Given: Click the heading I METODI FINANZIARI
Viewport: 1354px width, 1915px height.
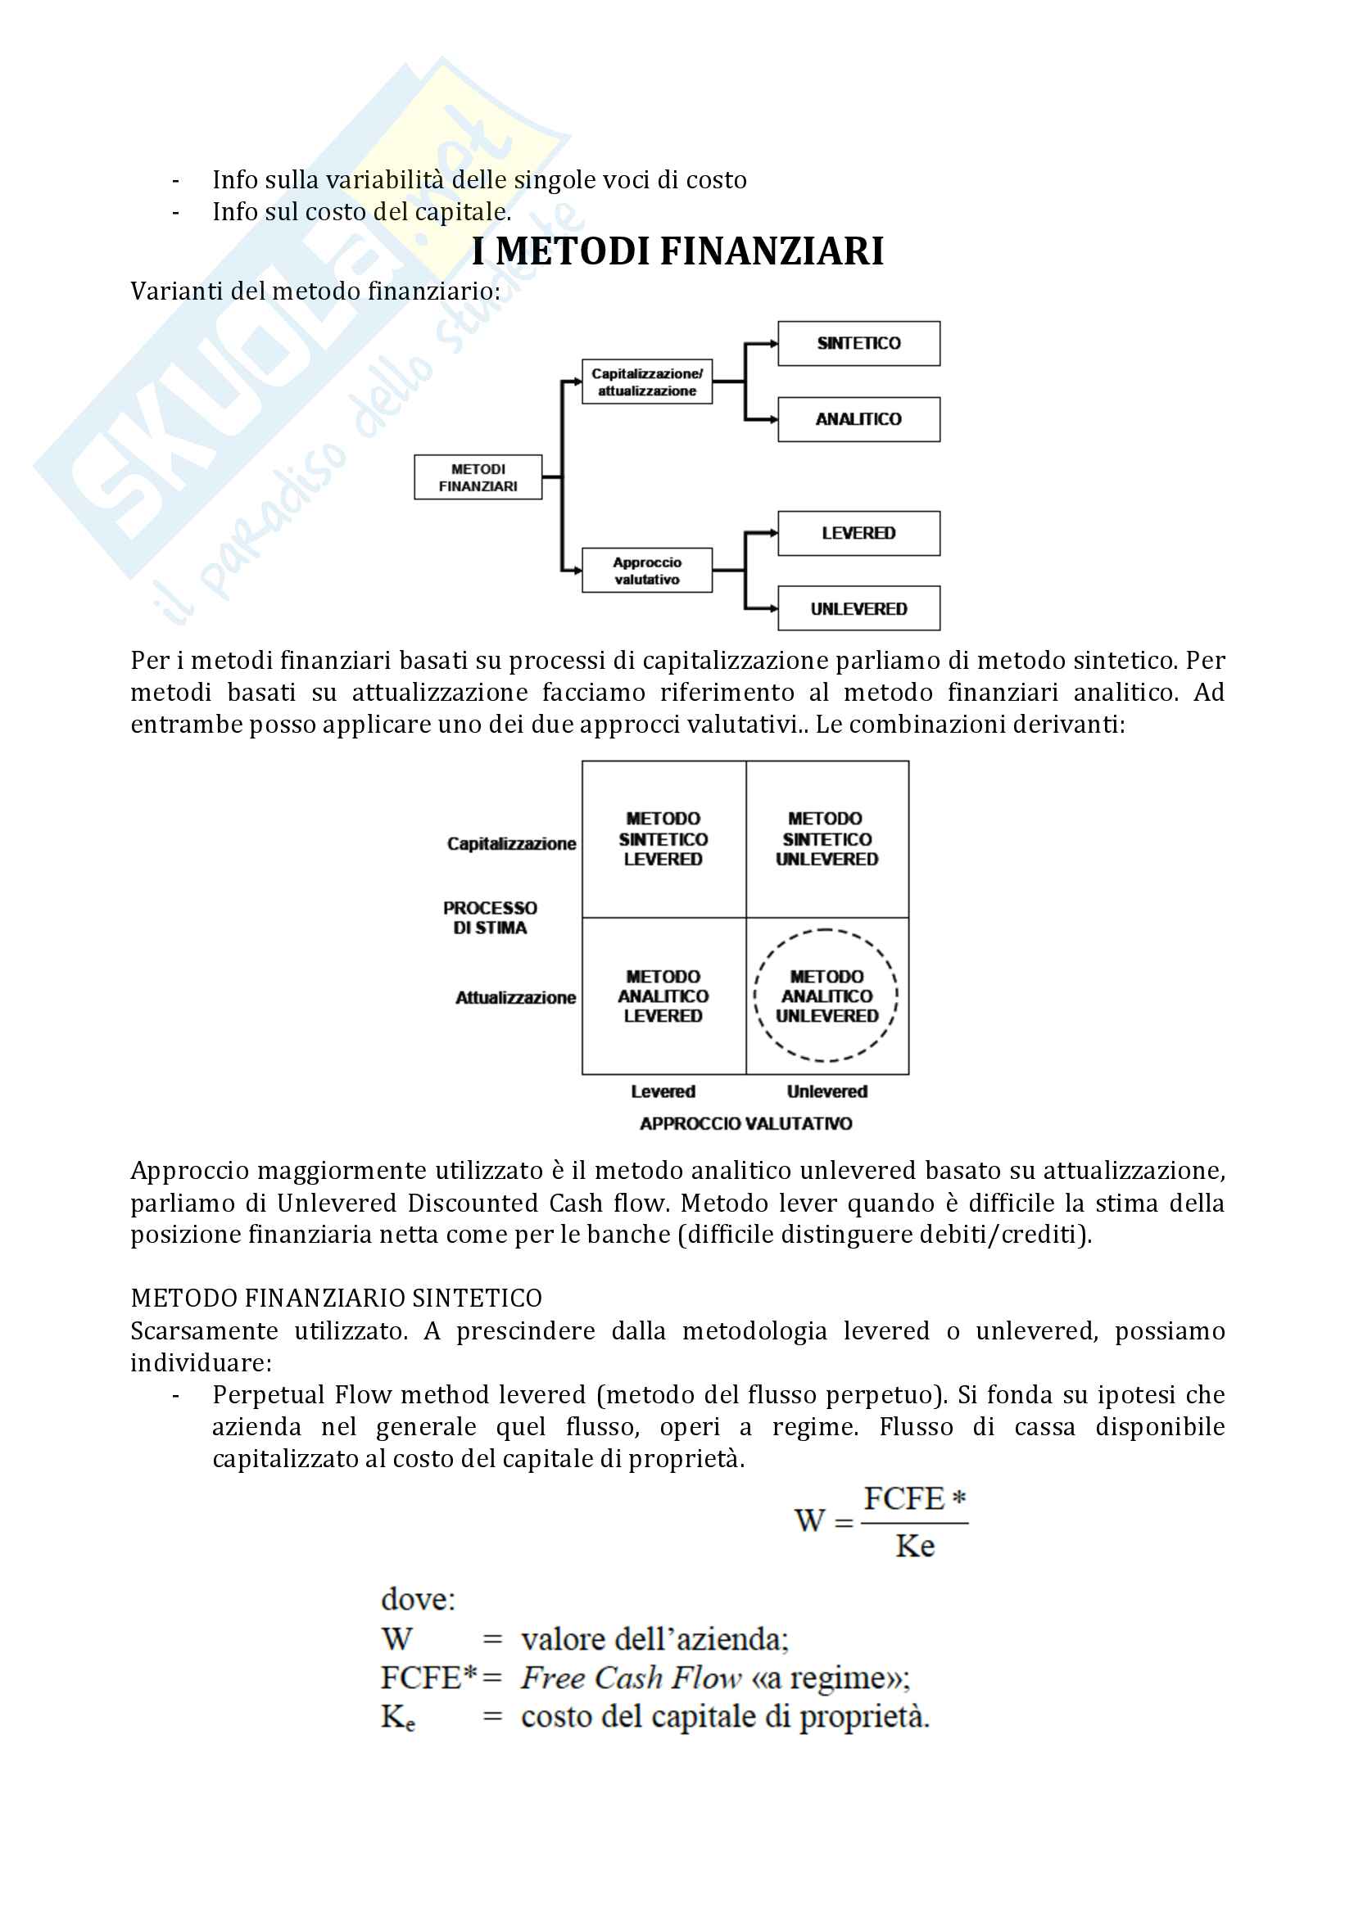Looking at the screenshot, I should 677,251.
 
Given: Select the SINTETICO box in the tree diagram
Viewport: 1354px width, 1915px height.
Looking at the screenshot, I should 858,344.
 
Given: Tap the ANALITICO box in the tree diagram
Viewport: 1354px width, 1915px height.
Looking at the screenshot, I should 858,419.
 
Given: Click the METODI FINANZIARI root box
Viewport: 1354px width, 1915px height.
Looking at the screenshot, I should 478,478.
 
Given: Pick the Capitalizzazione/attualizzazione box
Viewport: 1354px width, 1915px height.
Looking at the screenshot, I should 646,382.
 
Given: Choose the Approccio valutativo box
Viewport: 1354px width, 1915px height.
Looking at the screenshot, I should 646,571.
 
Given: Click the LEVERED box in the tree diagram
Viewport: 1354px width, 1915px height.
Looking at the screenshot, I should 858,534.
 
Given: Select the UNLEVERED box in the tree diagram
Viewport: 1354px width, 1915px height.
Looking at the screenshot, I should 858,609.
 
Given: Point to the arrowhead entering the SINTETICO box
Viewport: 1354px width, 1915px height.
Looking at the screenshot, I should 773,344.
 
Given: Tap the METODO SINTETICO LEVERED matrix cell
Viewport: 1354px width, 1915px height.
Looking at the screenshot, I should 663,839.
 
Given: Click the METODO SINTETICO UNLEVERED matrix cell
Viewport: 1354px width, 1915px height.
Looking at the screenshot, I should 826,839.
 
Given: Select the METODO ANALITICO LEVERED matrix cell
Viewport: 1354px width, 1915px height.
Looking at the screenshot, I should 663,996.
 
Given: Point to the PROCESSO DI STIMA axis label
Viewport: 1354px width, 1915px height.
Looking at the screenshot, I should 490,918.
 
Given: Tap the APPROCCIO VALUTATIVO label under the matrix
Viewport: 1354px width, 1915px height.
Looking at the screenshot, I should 746,1124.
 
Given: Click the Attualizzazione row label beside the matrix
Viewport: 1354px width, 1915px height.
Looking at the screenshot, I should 514,997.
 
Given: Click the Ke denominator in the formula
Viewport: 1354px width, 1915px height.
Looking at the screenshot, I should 914,1547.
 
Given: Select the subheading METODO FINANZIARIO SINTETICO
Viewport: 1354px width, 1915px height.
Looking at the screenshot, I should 336,1298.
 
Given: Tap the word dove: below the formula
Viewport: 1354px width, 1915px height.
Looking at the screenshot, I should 418,1600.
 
